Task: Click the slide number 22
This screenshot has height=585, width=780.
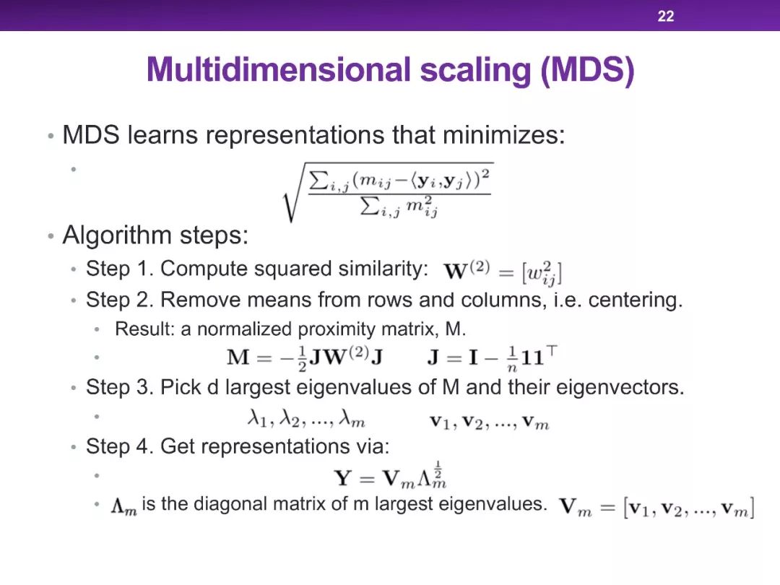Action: click(666, 16)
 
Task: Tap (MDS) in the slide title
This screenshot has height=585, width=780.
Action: click(587, 71)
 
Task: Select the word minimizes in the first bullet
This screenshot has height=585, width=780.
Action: click(503, 135)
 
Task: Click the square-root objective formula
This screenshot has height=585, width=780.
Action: click(388, 192)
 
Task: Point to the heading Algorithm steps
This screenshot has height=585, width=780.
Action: click(155, 235)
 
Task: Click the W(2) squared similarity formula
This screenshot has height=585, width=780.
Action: click(503, 272)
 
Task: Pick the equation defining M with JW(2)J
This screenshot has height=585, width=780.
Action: click(305, 357)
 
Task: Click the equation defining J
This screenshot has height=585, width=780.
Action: click(492, 357)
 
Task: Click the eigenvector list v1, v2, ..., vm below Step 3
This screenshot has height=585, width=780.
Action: click(490, 422)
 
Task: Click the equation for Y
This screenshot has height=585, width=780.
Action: click(391, 476)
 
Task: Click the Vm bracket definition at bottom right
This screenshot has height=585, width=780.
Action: click(656, 508)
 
